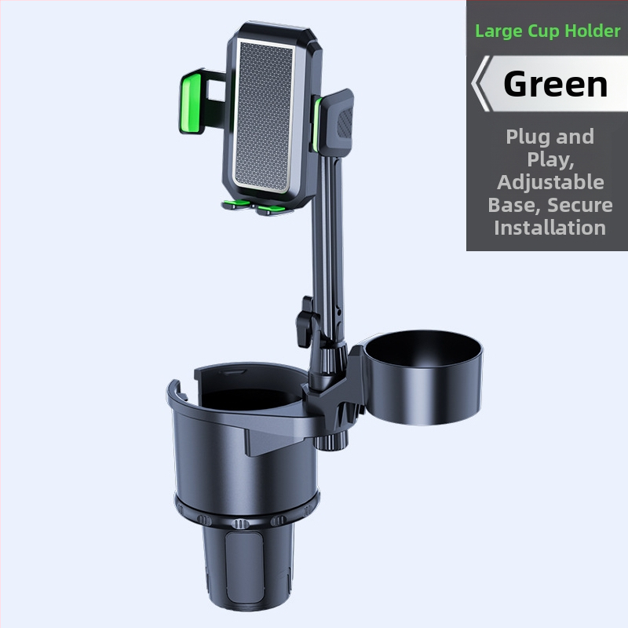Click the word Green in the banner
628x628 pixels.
[556, 84]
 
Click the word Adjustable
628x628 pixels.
[549, 182]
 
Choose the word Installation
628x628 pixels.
[549, 228]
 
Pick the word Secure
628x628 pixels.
[581, 205]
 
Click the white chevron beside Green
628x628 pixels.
[481, 84]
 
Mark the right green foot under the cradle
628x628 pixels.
[271, 210]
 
